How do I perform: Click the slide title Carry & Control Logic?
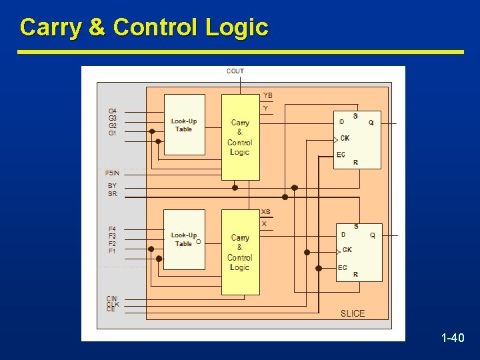coord(144,27)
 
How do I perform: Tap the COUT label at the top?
coord(235,71)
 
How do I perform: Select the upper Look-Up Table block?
coord(184,125)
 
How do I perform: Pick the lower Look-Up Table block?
coord(184,239)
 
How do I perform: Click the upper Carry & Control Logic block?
coord(240,137)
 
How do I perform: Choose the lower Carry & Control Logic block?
coord(240,252)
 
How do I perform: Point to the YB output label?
coord(267,96)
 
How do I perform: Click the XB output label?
coord(266,212)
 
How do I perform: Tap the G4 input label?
coord(112,111)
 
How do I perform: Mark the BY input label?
coord(112,186)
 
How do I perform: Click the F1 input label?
coord(112,251)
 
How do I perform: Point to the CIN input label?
coord(112,298)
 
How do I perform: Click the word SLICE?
coord(353,313)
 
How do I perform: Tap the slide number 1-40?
coord(453,339)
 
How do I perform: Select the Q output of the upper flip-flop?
coord(371,123)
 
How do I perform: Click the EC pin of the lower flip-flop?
coord(342,268)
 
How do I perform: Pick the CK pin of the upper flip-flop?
coord(345,139)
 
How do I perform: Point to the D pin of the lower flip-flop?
coord(343,234)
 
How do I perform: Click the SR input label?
coord(112,194)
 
